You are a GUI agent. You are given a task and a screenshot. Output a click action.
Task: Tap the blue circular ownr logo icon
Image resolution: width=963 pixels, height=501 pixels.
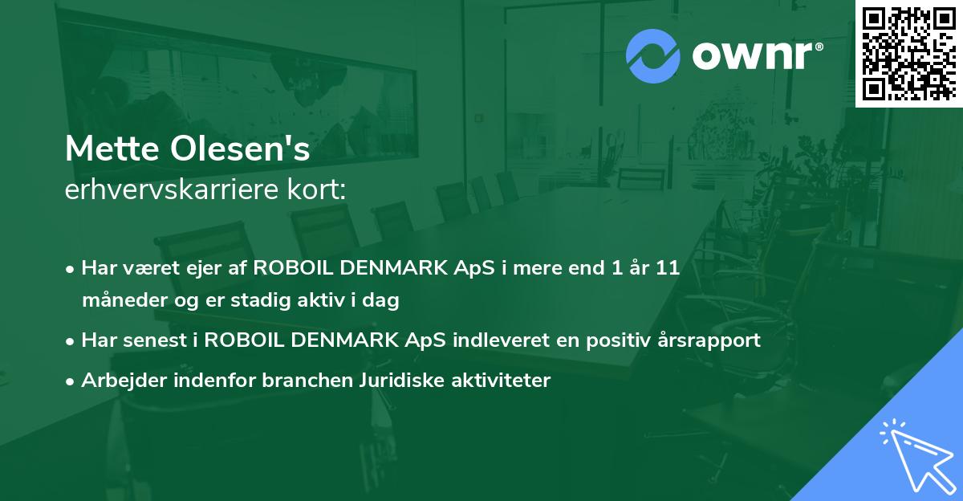point(653,56)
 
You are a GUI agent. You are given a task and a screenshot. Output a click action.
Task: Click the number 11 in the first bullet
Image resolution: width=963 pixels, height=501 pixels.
point(668,268)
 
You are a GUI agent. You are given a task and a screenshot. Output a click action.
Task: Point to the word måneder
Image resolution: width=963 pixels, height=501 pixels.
point(120,301)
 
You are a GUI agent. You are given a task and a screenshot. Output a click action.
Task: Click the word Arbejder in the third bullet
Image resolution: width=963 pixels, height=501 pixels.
point(119,381)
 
